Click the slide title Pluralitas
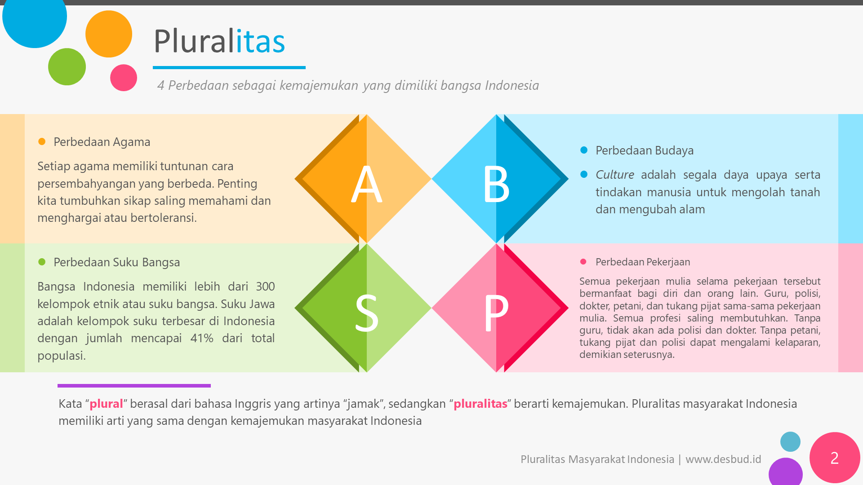coord(219,41)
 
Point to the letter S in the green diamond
coord(366,313)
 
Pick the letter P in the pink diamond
coord(496,313)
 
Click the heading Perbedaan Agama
coord(102,142)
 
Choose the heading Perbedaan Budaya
coord(644,150)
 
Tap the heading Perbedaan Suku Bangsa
coord(116,262)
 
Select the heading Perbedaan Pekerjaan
coord(642,262)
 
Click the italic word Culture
coord(614,175)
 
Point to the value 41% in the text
coord(201,338)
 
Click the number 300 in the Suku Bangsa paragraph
coord(265,287)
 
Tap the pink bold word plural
coord(106,404)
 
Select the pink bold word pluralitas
coord(480,404)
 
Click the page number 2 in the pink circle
coord(834,458)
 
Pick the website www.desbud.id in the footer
coord(723,459)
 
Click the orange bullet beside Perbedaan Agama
coord(42,141)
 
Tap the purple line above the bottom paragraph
coord(134,386)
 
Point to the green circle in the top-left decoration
coord(67,67)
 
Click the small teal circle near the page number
coord(790,441)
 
